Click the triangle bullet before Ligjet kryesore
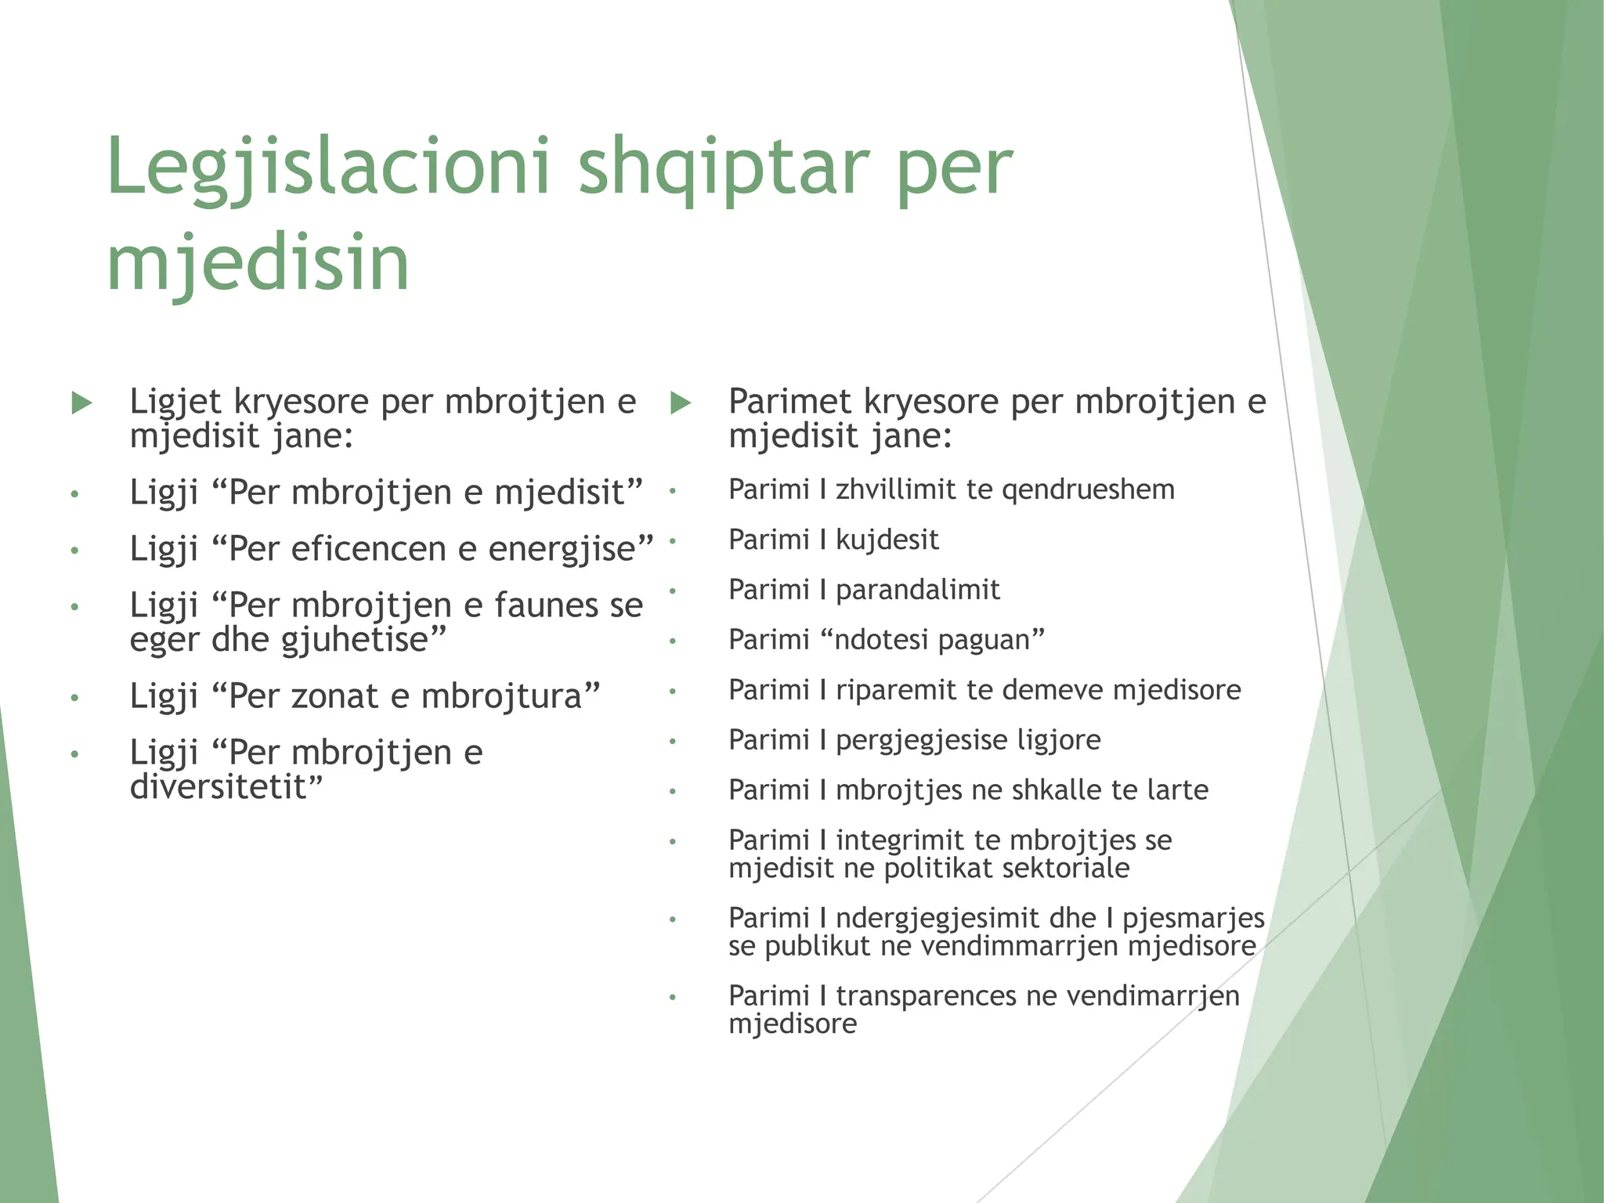pos(81,403)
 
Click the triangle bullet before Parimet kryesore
pos(681,403)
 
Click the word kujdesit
pos(887,540)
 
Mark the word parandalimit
pos(917,590)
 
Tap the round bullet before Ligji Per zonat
pos(74,698)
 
